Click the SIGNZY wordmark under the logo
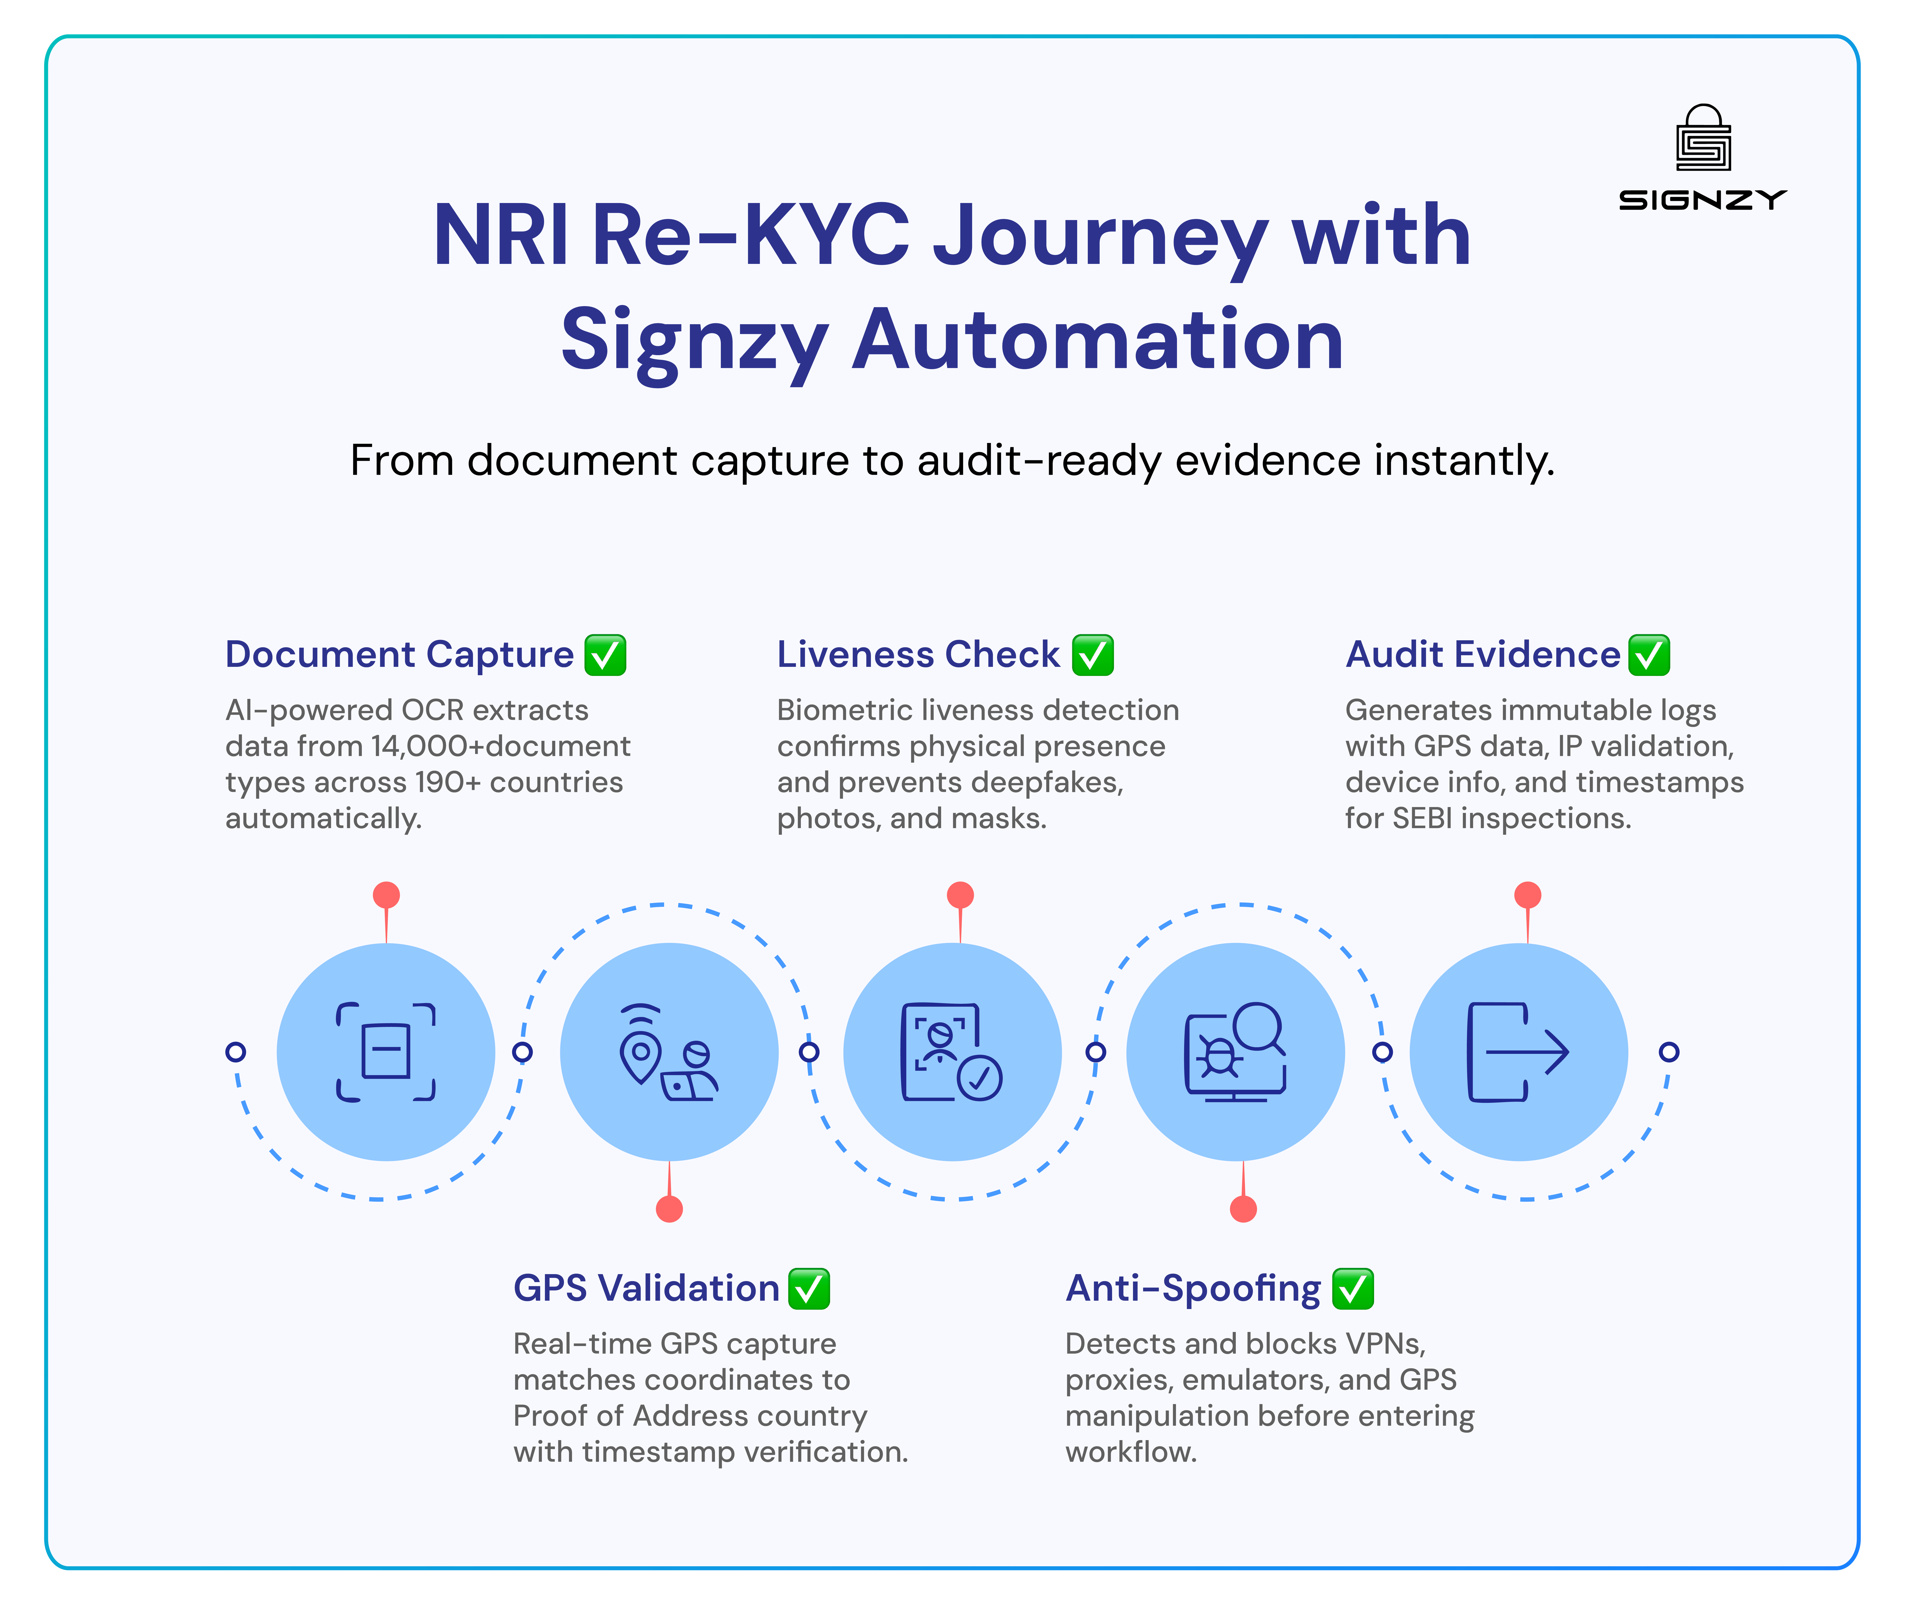[1702, 200]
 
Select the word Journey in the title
[1099, 238]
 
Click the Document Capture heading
[399, 655]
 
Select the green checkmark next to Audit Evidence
[1649, 655]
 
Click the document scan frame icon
[386, 1052]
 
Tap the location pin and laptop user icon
[669, 1052]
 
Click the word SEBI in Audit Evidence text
[1422, 819]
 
